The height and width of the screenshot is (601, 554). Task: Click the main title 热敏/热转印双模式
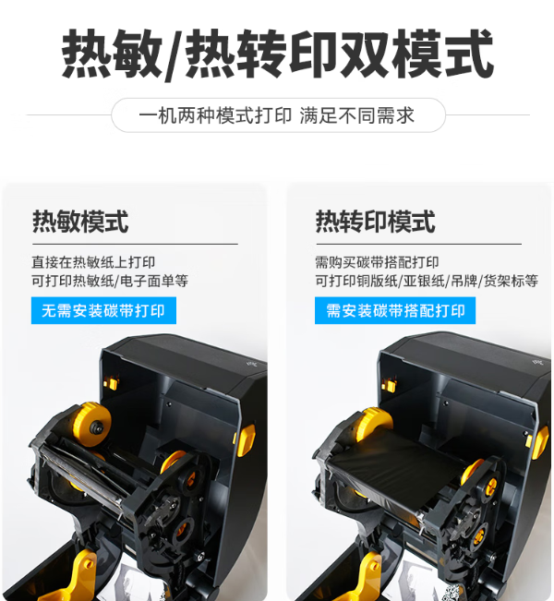[x=277, y=54]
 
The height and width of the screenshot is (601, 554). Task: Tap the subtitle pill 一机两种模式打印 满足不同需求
[x=278, y=115]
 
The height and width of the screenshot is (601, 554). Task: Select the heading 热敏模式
[x=80, y=222]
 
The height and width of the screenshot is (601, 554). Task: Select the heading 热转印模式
[x=375, y=222]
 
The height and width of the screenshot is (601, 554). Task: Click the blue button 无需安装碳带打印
[x=103, y=310]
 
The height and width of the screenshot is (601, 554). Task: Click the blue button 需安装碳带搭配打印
[x=395, y=310]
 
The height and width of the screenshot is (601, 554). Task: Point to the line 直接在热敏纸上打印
[x=93, y=262]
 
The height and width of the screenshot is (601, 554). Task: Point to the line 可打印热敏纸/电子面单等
[x=110, y=281]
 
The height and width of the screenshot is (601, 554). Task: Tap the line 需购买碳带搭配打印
[x=377, y=262]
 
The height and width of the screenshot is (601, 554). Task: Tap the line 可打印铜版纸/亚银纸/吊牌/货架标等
[x=427, y=281]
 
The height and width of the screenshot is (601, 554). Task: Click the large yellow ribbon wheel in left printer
[x=92, y=425]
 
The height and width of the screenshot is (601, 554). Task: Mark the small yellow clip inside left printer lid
[x=111, y=383]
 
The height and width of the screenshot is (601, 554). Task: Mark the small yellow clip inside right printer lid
[x=389, y=385]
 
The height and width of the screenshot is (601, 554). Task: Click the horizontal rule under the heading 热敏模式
[x=135, y=244]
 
